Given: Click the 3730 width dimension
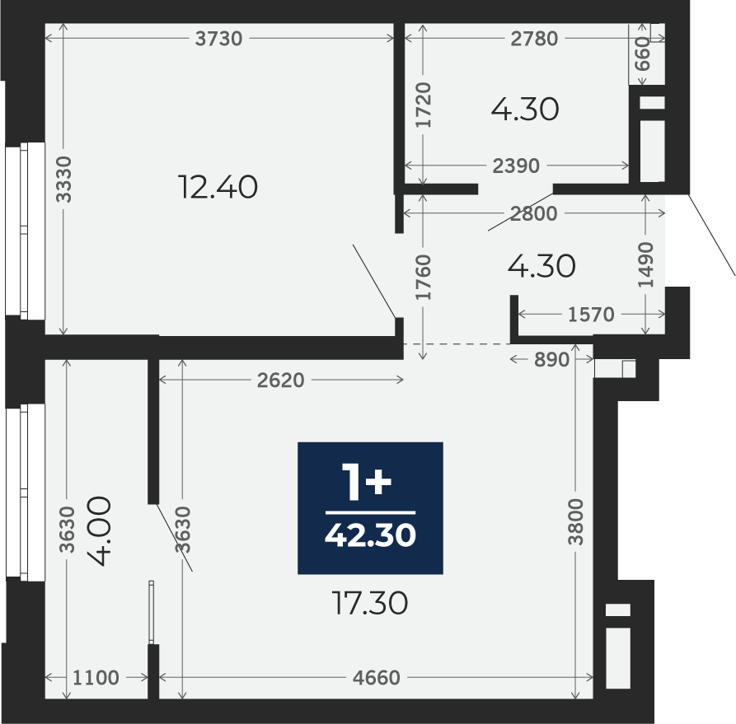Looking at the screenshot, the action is [x=218, y=39].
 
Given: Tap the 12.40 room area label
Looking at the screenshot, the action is [x=218, y=187].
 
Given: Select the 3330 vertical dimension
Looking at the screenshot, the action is [x=63, y=180].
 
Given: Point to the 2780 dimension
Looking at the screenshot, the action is [x=534, y=39].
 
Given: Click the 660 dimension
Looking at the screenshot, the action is [x=643, y=54].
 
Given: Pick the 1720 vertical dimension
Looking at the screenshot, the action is [x=424, y=105].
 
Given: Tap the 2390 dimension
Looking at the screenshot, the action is [x=516, y=166].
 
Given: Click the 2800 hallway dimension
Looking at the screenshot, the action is [x=534, y=214].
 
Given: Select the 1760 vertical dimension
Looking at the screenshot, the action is [x=423, y=277].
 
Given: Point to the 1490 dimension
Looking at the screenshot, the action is [x=646, y=264].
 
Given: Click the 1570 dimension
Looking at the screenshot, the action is [x=591, y=315].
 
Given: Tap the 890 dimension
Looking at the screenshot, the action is [x=551, y=359].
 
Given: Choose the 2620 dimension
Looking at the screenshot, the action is [x=281, y=380].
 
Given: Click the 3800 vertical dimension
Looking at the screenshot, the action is [x=575, y=522].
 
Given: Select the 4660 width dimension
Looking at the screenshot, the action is [x=377, y=678].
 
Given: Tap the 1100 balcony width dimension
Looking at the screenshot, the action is [x=96, y=678].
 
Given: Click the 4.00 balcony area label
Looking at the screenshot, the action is [x=100, y=531].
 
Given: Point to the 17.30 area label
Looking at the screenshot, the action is [x=370, y=603].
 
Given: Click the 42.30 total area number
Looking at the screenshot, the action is [x=370, y=535].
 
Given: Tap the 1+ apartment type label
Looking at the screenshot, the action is [x=367, y=481].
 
